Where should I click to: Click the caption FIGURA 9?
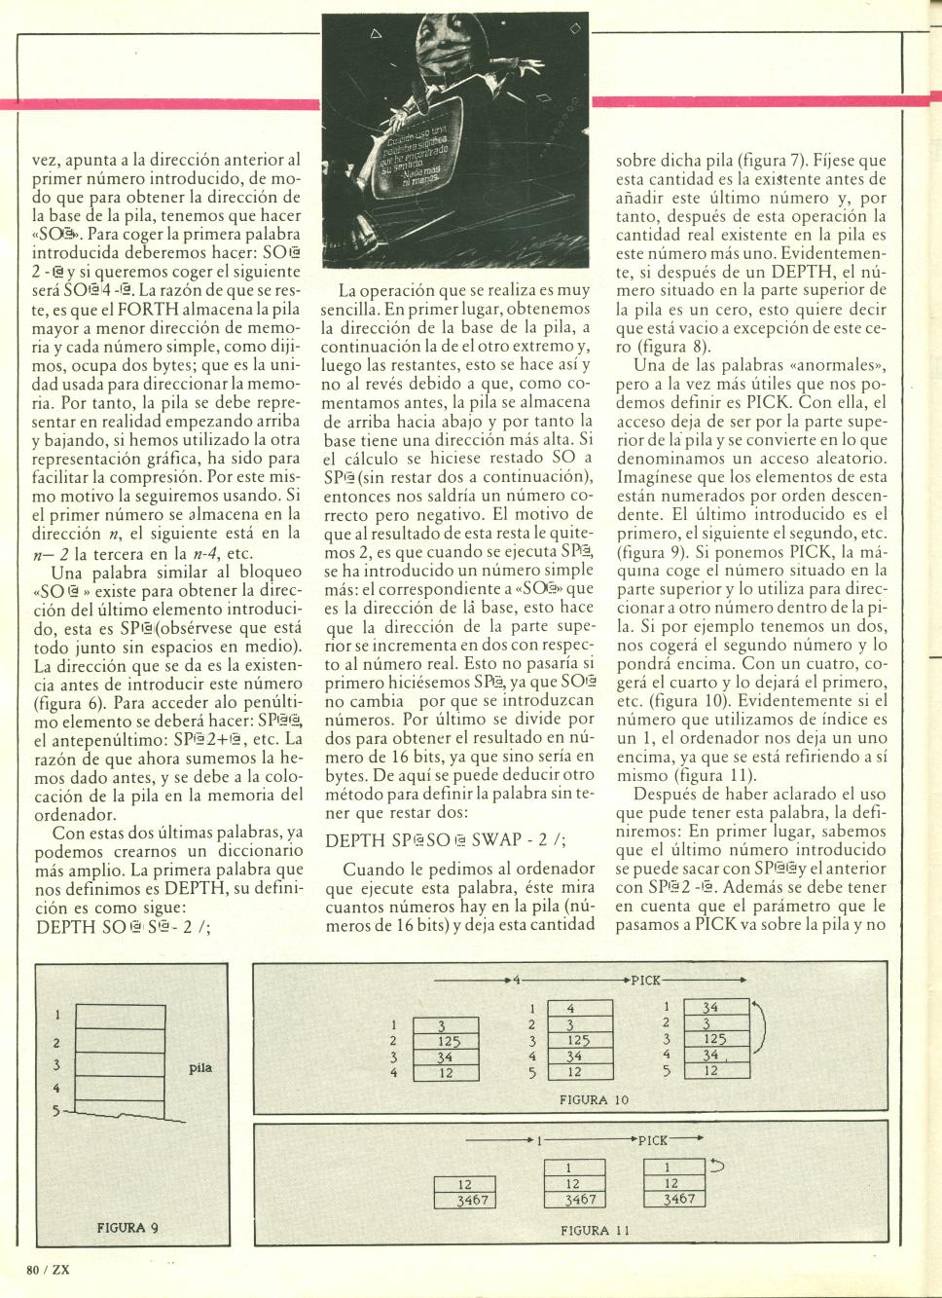[134, 1227]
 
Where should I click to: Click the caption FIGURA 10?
[595, 1099]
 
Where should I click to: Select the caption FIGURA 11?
[596, 1230]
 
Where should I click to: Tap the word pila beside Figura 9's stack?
[199, 1067]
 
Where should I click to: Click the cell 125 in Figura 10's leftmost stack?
[448, 1041]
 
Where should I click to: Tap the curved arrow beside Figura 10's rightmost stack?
[762, 1030]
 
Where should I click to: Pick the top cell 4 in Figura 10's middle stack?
[570, 1010]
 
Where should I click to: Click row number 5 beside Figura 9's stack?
[56, 1109]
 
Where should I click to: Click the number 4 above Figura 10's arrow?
[518, 980]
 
